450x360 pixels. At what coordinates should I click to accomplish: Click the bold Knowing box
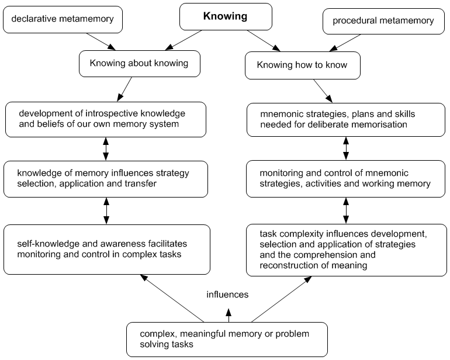225,16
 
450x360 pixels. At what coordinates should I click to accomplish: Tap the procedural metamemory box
383,21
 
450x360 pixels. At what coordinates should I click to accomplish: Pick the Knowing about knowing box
140,64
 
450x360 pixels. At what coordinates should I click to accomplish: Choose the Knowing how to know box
302,65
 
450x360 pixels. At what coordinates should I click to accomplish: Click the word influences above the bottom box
227,295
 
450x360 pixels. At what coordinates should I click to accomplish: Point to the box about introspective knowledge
106,119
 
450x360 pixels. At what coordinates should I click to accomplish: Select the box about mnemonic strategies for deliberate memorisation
346,119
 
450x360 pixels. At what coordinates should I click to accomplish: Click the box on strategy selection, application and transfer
106,179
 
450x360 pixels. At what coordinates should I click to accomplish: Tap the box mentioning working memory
346,179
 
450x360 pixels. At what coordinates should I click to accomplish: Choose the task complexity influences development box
346,250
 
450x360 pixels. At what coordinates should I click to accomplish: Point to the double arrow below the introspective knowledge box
106,148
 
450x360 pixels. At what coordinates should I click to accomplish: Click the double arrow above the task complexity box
346,209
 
